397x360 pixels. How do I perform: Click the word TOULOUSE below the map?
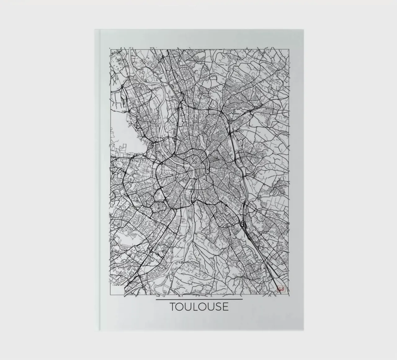(199, 307)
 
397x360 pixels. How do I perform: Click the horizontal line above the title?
(199, 299)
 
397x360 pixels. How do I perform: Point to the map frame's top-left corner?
(109, 48)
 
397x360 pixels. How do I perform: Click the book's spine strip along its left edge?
(97, 180)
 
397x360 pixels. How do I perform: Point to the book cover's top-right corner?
(304, 30)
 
